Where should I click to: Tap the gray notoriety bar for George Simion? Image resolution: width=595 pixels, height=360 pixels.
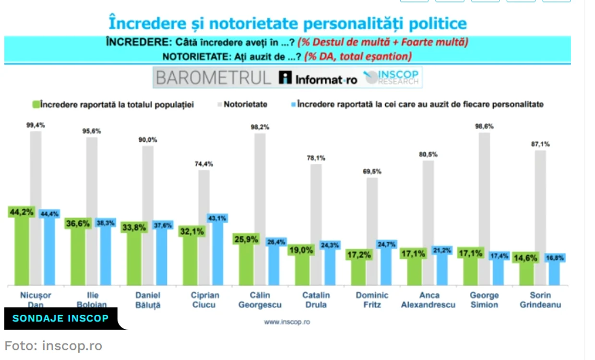click(x=484, y=209)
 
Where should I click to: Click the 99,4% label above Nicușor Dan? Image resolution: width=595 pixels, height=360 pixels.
click(x=36, y=125)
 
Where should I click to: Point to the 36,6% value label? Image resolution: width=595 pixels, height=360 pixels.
click(x=78, y=223)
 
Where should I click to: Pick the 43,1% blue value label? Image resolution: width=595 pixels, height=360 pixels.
click(x=217, y=218)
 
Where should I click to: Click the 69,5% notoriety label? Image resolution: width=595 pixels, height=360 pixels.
click(x=372, y=172)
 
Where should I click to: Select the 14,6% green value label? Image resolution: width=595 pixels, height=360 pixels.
click(x=525, y=258)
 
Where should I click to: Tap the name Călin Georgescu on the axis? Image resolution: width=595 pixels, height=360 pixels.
click(x=260, y=300)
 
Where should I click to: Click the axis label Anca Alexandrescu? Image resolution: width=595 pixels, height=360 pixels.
click(x=428, y=300)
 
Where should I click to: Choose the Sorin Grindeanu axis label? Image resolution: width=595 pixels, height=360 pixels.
click(x=540, y=300)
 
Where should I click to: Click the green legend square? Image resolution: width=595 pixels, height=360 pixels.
click(x=36, y=105)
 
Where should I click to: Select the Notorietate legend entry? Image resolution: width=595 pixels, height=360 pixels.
click(x=242, y=105)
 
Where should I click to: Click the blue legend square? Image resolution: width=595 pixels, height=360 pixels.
click(x=293, y=105)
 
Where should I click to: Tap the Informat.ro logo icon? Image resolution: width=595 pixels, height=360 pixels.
click(x=285, y=78)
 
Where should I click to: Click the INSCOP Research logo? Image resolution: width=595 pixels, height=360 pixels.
click(x=392, y=77)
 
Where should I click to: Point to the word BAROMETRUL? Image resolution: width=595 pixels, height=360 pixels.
click(x=213, y=78)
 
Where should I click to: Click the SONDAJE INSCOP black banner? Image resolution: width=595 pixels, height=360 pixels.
click(x=61, y=318)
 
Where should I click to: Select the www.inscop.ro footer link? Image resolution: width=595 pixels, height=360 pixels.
click(x=287, y=322)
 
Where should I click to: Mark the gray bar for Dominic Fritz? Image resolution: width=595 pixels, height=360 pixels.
click(x=372, y=231)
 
